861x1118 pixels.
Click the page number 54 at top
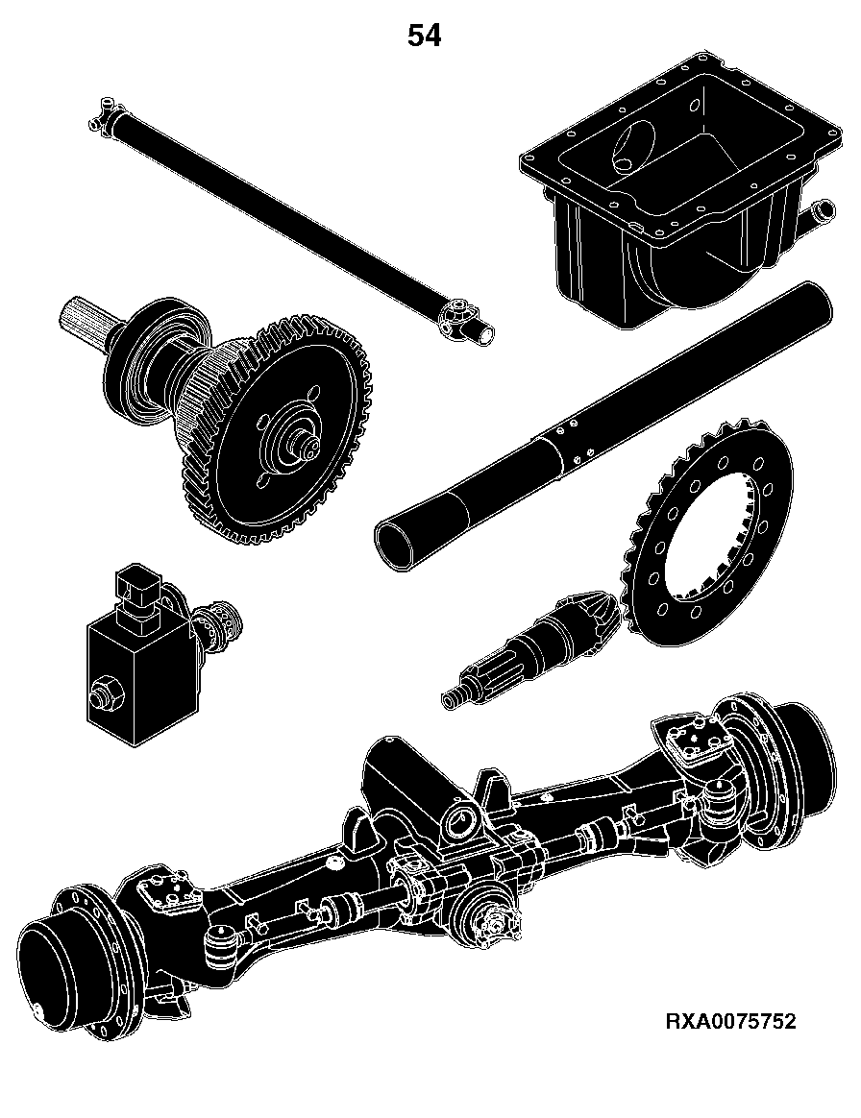[x=424, y=35]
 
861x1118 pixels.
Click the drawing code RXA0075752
[x=730, y=1022]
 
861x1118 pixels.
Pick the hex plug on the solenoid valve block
[x=104, y=691]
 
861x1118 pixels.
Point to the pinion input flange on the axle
[x=492, y=917]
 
